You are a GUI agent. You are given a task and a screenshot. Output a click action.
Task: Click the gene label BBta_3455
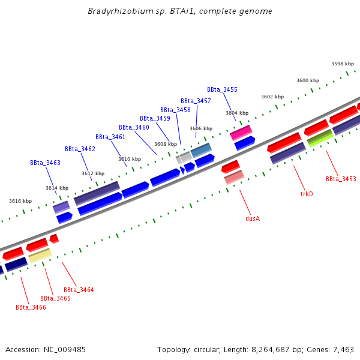tap(222, 89)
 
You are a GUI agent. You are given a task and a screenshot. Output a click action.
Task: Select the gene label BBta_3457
tap(196, 101)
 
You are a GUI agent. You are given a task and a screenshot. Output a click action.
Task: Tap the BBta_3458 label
tap(175, 110)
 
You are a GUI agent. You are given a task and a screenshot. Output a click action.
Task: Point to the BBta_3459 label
tap(155, 118)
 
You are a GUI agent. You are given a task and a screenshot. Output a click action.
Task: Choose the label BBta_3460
tap(134, 127)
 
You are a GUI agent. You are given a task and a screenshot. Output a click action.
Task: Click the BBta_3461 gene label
tap(110, 137)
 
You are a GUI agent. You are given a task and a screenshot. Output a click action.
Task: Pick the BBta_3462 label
tap(80, 149)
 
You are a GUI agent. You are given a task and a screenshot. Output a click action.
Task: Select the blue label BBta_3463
tap(45, 163)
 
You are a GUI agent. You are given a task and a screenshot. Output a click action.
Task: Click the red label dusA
tap(253, 218)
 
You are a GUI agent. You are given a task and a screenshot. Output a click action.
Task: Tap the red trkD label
tap(307, 194)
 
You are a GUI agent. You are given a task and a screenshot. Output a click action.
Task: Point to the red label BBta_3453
tap(341, 179)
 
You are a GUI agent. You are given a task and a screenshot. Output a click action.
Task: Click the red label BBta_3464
tap(79, 290)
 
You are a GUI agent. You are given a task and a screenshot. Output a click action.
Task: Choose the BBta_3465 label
tap(55, 298)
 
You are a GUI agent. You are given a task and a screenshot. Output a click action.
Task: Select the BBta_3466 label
tap(31, 307)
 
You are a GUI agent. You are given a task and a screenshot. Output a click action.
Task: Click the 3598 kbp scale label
tap(343, 64)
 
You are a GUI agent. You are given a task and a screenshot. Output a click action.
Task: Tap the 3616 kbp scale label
tap(20, 201)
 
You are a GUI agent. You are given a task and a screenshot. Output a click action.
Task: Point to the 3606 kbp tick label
tap(201, 128)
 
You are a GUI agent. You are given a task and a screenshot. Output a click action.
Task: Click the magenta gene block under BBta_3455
tap(241, 131)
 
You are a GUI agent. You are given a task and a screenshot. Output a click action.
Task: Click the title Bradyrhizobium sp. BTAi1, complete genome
tap(180, 11)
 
